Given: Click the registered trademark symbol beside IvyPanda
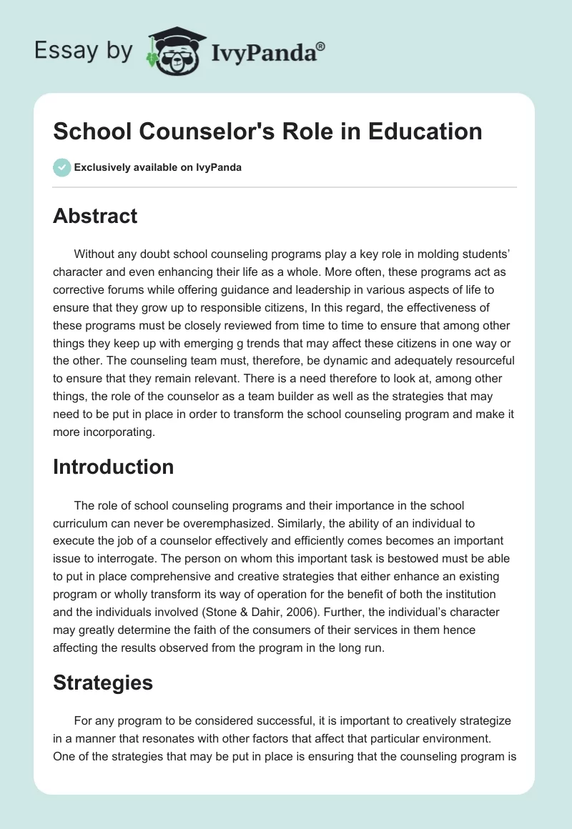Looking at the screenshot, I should pyautogui.click(x=320, y=46).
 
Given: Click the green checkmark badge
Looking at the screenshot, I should pyautogui.click(x=61, y=167).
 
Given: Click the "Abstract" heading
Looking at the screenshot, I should pyautogui.click(x=95, y=216).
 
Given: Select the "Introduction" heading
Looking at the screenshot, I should pyautogui.click(x=114, y=467).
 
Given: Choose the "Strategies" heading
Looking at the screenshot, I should pyautogui.click(x=103, y=682).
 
